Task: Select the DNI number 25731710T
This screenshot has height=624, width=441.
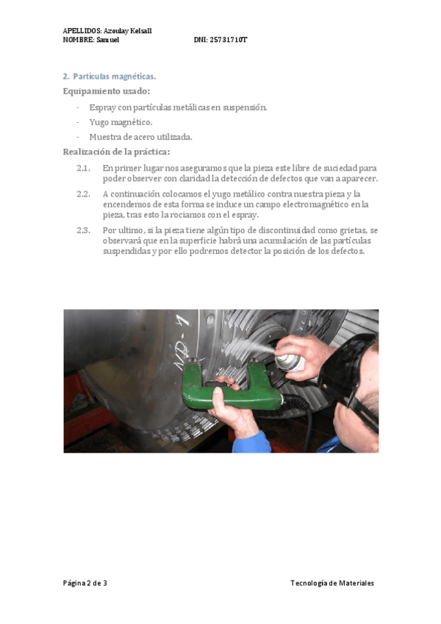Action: (x=229, y=40)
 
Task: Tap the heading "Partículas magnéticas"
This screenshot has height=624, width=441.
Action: (x=115, y=76)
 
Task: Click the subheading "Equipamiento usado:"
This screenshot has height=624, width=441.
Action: (x=107, y=91)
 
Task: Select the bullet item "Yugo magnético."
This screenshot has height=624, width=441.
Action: (x=121, y=122)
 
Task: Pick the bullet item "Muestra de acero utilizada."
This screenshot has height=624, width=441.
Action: (x=140, y=137)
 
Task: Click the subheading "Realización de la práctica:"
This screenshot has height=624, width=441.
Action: (x=116, y=152)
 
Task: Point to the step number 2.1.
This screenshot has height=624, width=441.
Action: (x=83, y=169)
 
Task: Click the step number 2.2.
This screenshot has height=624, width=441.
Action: (x=83, y=194)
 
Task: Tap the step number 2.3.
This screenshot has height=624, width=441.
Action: (x=83, y=230)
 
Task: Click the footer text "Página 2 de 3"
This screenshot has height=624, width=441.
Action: (x=85, y=583)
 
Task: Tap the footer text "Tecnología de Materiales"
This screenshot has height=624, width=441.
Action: (x=332, y=583)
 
